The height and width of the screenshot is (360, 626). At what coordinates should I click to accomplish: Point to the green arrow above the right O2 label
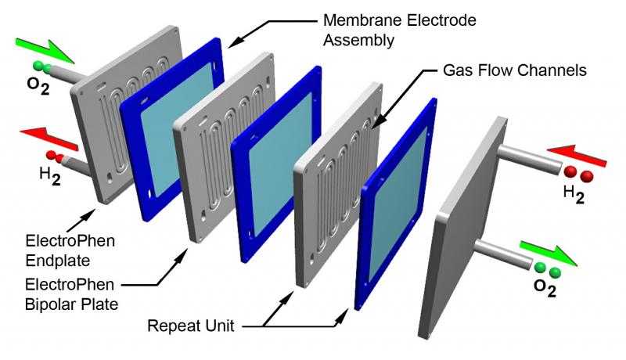[x=549, y=252]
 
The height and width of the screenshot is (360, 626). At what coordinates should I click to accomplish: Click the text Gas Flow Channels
[x=515, y=70]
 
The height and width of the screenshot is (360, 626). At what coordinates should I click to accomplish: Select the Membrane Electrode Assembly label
[x=400, y=30]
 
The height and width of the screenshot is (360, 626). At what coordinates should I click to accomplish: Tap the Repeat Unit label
[x=191, y=326]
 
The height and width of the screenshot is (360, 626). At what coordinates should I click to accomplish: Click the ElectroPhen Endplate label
[x=70, y=250]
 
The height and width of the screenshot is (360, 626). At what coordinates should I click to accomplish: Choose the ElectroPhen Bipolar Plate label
[x=71, y=294]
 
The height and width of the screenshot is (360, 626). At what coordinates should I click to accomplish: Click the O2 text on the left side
[x=38, y=85]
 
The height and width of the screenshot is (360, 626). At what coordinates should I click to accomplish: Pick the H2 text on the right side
[x=574, y=194]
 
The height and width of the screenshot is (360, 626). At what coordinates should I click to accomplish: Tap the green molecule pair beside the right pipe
[x=548, y=270]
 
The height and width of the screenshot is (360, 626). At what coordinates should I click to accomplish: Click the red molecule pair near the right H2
[x=578, y=174]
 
